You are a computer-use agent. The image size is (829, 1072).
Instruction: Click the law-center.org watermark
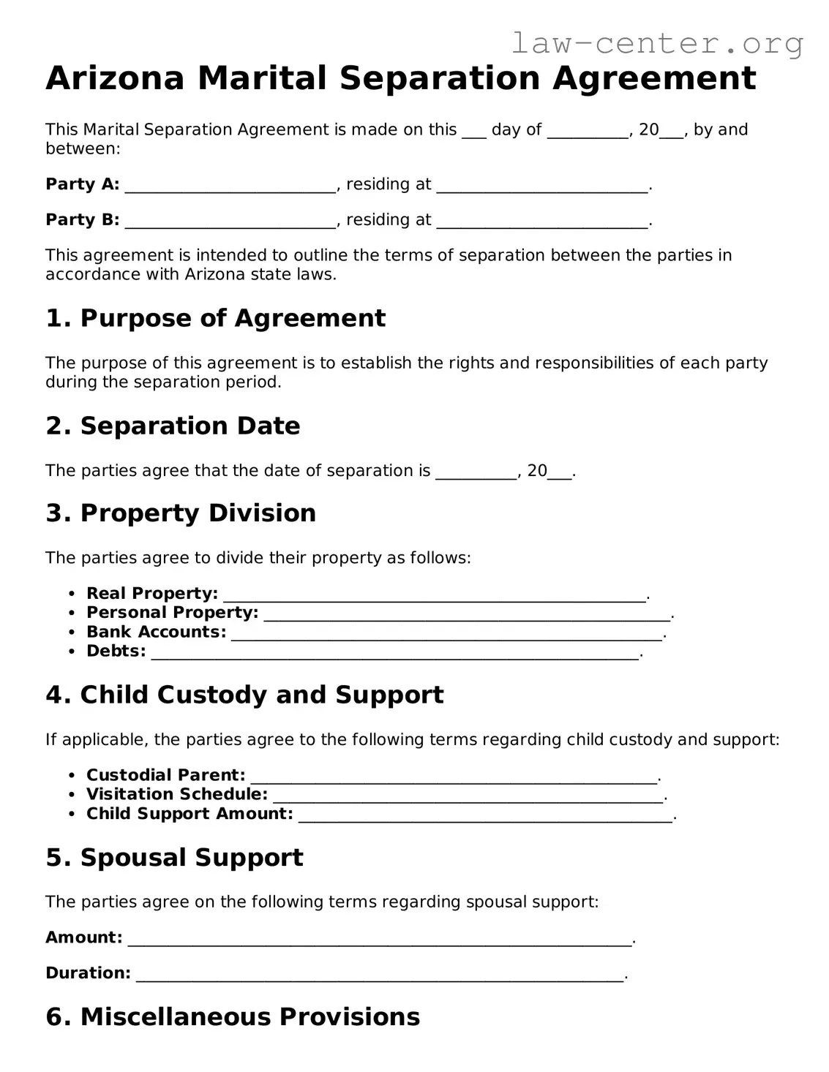pyautogui.click(x=656, y=44)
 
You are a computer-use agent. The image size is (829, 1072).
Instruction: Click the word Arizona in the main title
pyautogui.click(x=115, y=78)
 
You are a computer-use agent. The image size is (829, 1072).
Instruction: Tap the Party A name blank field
pyautogui.click(x=230, y=186)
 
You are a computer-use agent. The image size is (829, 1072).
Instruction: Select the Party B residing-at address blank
pyautogui.click(x=541, y=222)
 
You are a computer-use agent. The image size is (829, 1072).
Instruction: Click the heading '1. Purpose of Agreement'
pyautogui.click(x=215, y=318)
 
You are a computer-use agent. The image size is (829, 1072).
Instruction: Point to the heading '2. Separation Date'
pyautogui.click(x=173, y=426)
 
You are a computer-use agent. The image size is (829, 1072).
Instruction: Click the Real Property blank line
pyautogui.click(x=434, y=595)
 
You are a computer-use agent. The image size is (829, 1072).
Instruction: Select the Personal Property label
pyautogui.click(x=172, y=613)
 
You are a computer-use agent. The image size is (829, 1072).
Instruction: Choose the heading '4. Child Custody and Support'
pyautogui.click(x=244, y=695)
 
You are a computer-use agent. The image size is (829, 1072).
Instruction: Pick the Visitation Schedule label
pyautogui.click(x=176, y=794)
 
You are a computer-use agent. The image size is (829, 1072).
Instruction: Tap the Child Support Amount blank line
pyautogui.click(x=485, y=815)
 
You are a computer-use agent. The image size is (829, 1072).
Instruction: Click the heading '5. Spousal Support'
pyautogui.click(x=174, y=857)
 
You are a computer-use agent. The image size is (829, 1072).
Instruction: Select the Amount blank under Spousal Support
pyautogui.click(x=379, y=940)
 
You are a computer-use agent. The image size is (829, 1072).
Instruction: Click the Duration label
pyautogui.click(x=88, y=973)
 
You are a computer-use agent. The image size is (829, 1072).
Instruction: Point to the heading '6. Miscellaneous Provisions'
pyautogui.click(x=233, y=1016)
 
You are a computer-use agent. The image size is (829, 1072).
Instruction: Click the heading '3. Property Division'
pyautogui.click(x=181, y=513)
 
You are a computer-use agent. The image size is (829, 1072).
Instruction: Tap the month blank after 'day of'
pyautogui.click(x=588, y=132)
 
